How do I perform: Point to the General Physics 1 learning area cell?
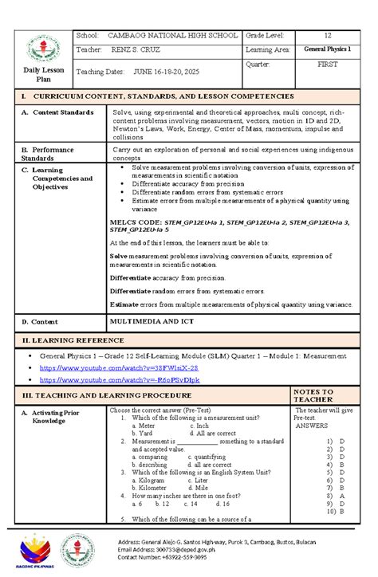coord(326,50)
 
